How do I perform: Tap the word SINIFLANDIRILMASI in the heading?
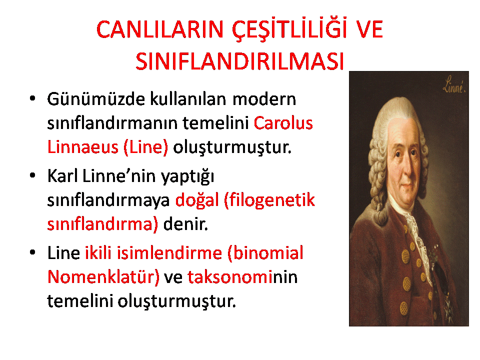click(x=240, y=61)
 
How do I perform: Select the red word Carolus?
click(x=283, y=123)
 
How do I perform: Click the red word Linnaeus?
click(x=82, y=147)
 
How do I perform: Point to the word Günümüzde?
click(x=96, y=99)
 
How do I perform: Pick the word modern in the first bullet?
click(x=264, y=99)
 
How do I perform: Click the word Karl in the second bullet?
click(x=62, y=176)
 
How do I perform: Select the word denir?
click(x=185, y=224)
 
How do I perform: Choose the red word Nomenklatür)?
click(x=103, y=277)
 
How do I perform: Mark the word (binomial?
click(x=265, y=253)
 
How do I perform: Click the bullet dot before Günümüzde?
click(x=32, y=98)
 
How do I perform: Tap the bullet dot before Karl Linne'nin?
click(x=32, y=175)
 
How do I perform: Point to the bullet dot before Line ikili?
click(x=32, y=252)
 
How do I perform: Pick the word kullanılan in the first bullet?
click(x=188, y=99)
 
